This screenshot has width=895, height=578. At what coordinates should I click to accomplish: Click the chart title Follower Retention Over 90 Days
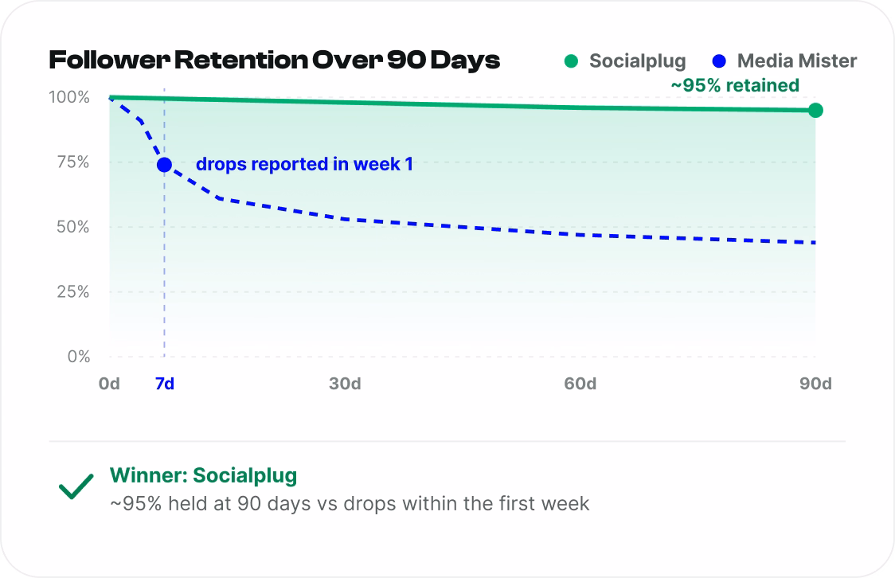pyautogui.click(x=275, y=61)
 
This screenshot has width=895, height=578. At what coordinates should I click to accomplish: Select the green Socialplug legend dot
pyautogui.click(x=571, y=61)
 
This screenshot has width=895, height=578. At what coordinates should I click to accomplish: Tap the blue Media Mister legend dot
pyautogui.click(x=719, y=61)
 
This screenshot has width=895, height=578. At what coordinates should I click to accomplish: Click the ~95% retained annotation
pyautogui.click(x=735, y=86)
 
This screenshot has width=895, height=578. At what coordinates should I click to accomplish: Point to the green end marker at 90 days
pyautogui.click(x=815, y=110)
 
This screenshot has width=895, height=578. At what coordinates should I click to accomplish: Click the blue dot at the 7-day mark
pyautogui.click(x=164, y=165)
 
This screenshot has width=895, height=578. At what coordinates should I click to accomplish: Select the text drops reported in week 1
pyautogui.click(x=304, y=164)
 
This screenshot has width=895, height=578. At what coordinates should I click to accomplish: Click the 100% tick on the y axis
pyautogui.click(x=69, y=97)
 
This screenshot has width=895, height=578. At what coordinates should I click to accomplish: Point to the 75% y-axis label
pyautogui.click(x=73, y=162)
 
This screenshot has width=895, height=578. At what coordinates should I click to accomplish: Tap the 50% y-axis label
pyautogui.click(x=73, y=227)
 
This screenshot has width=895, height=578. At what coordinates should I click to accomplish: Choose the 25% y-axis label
pyautogui.click(x=73, y=292)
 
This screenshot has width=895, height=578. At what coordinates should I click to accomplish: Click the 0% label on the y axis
pyautogui.click(x=79, y=357)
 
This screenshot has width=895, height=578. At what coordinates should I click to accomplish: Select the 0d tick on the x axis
pyautogui.click(x=109, y=384)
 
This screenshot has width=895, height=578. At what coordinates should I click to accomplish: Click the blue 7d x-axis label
pyautogui.click(x=164, y=384)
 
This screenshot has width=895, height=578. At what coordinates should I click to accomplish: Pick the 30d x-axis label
pyautogui.click(x=345, y=384)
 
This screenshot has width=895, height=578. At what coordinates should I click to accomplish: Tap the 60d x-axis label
pyautogui.click(x=580, y=384)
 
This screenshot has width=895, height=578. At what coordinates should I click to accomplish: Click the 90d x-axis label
pyautogui.click(x=815, y=384)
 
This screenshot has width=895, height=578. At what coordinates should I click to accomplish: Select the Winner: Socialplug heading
pyautogui.click(x=204, y=475)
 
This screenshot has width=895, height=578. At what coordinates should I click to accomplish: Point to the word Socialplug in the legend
pyautogui.click(x=638, y=61)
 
